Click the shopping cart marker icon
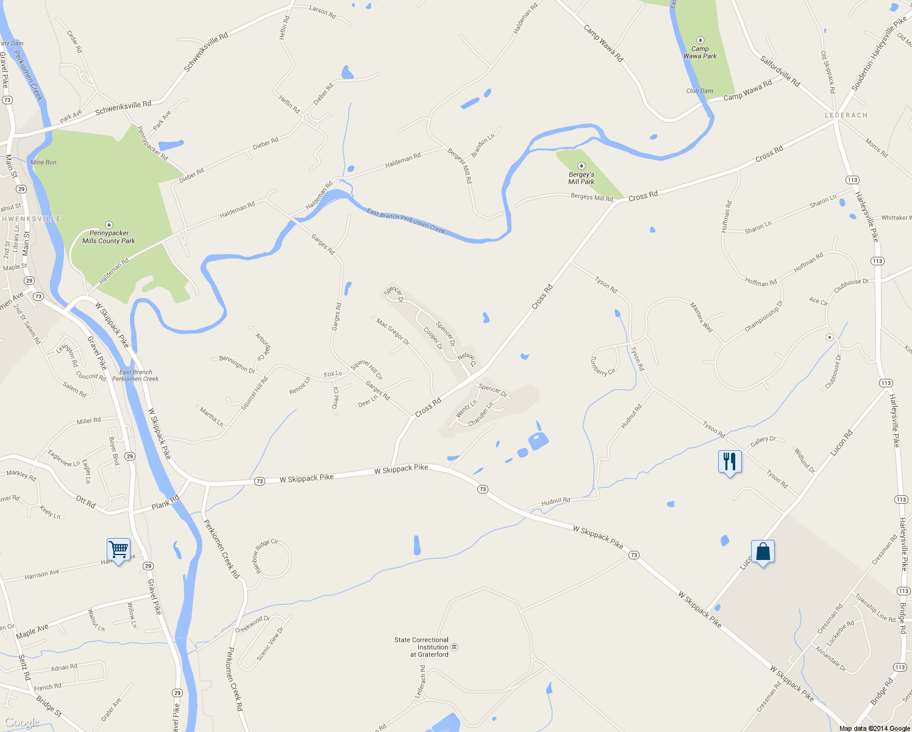pyautogui.click(x=118, y=550)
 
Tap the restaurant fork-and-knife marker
pyautogui.click(x=730, y=462)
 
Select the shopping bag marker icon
pyautogui.click(x=763, y=552)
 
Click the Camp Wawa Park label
pyautogui.click(x=700, y=52)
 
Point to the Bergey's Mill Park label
pyautogui.click(x=581, y=178)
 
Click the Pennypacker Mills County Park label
pyautogui.click(x=109, y=237)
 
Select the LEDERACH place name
pyautogui.click(x=846, y=115)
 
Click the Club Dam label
pyautogui.click(x=699, y=91)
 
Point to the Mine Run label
pyautogui.click(x=43, y=162)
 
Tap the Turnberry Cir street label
pyautogui.click(x=602, y=366)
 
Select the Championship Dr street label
pyautogui.click(x=763, y=316)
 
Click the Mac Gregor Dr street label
pyautogui.click(x=393, y=332)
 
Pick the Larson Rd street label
pyautogui.click(x=322, y=12)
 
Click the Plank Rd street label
pyautogui.click(x=165, y=503)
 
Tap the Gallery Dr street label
pyautogui.click(x=763, y=441)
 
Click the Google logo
pyautogui.click(x=22, y=722)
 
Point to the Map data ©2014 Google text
pyautogui.click(x=874, y=728)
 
